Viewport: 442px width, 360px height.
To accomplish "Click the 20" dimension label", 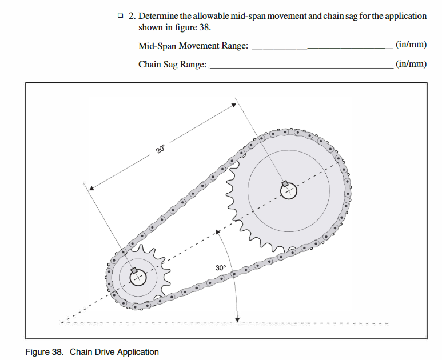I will [160, 149].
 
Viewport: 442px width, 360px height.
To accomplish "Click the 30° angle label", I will [221, 267].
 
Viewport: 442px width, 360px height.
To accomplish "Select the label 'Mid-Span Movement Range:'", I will [193, 46].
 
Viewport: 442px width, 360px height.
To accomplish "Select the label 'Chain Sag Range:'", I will [172, 65].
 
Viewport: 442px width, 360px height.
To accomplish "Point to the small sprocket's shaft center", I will [138, 278].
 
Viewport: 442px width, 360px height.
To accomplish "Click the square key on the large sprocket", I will [284, 183].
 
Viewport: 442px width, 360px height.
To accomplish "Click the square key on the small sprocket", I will [133, 270].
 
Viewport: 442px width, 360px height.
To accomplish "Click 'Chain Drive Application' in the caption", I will [114, 351].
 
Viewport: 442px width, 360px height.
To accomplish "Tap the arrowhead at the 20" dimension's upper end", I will [234, 105].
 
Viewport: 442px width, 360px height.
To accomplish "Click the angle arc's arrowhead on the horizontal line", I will [238, 319].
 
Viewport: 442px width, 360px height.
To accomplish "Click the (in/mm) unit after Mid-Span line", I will [411, 45].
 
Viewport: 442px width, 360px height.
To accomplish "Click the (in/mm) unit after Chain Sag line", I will [411, 64].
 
